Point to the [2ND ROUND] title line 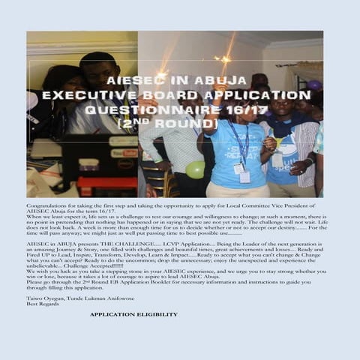180,122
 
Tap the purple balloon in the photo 313,85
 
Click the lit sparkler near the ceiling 223,58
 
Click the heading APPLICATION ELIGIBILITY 133,314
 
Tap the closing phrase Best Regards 42,304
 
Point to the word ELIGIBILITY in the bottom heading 157,314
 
